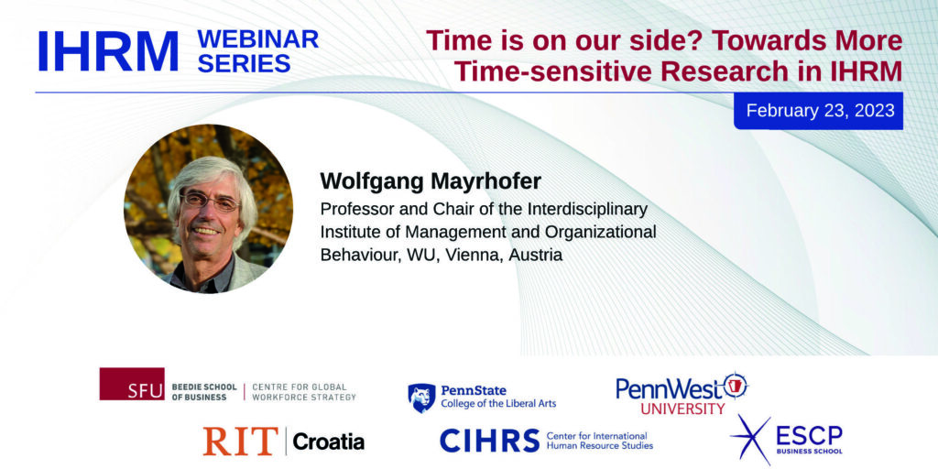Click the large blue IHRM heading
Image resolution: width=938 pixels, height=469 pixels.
[x=108, y=51]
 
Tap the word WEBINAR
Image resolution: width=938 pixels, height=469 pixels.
[x=257, y=38]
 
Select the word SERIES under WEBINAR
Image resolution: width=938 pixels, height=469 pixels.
[x=244, y=63]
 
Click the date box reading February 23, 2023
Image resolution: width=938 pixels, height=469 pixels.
[x=818, y=111]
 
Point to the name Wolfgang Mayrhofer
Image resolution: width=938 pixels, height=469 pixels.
[x=431, y=181]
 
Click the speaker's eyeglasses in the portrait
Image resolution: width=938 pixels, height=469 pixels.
[x=209, y=201]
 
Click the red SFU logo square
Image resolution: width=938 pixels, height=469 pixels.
[x=132, y=384]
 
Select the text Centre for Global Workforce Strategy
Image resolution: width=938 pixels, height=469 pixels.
[x=304, y=392]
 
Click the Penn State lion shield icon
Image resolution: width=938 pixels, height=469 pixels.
[x=421, y=398]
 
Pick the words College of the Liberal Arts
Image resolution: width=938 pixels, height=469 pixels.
[x=498, y=404]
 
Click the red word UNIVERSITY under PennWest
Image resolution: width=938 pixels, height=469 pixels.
[x=682, y=409]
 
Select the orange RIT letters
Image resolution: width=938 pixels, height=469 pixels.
[x=241, y=442]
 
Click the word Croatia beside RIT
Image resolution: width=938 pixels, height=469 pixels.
[x=329, y=442]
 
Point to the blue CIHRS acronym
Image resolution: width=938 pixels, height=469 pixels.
[x=489, y=441]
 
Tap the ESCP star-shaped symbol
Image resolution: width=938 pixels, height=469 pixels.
[x=750, y=439]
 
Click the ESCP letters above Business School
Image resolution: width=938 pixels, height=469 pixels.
[x=809, y=435]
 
